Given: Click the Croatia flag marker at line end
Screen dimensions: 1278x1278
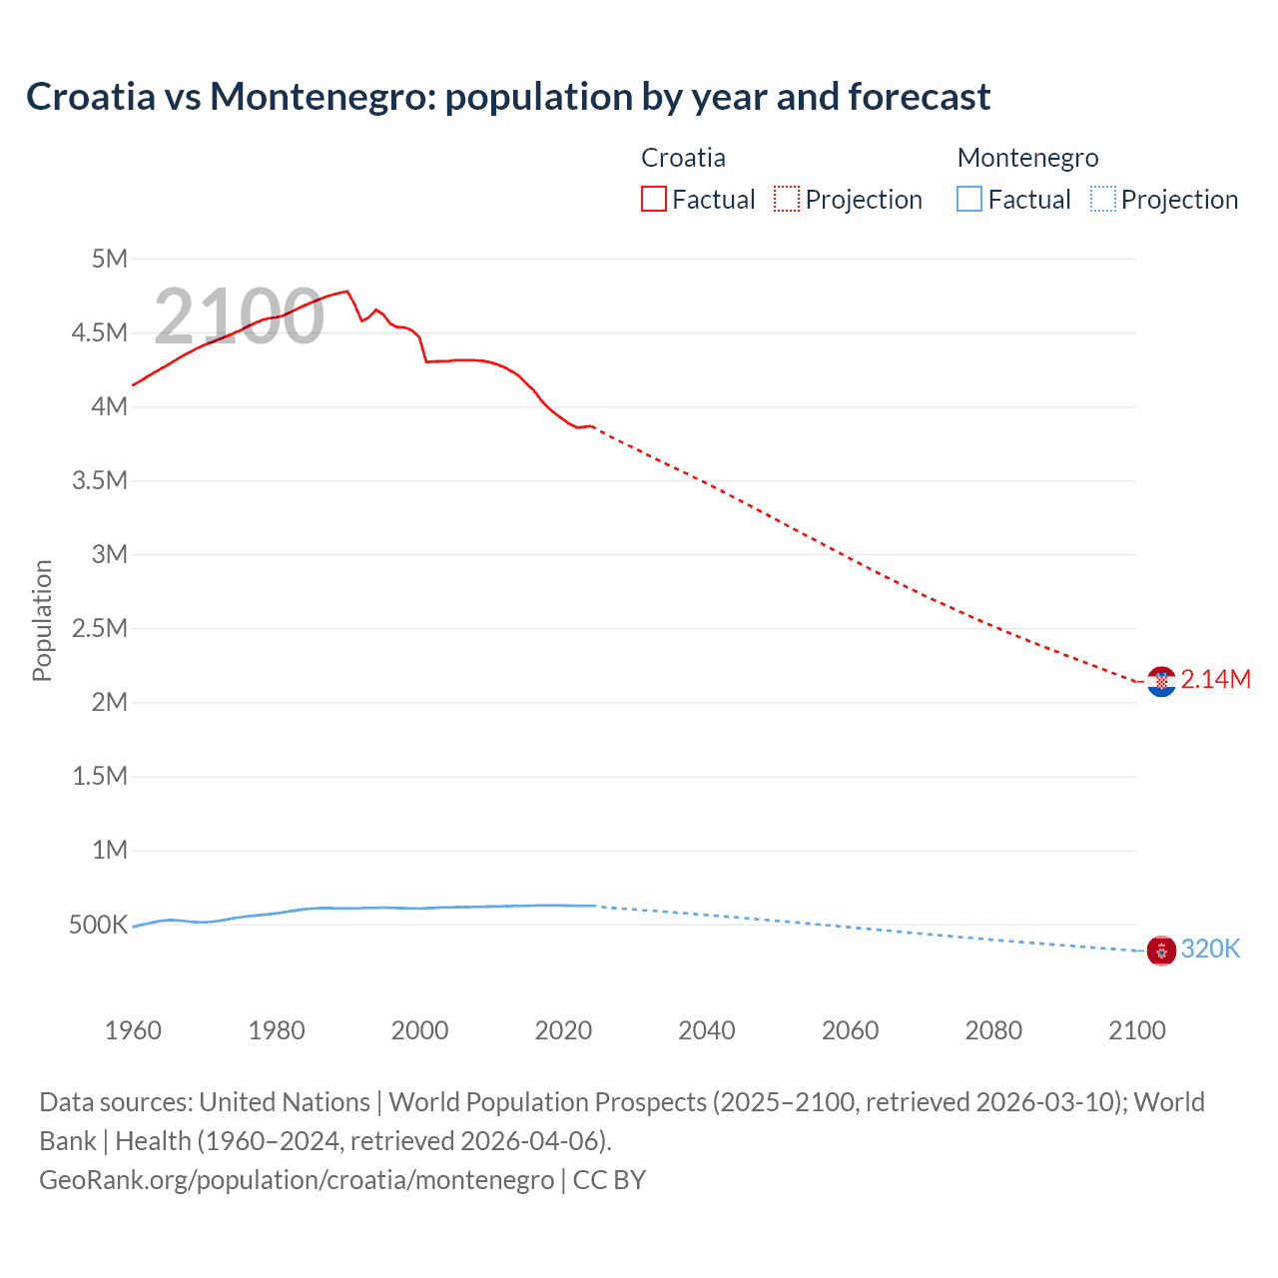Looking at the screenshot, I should pos(1161,682).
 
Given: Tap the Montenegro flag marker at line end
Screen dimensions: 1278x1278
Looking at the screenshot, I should pos(1161,951).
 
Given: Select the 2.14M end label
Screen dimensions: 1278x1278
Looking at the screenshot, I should pos(1215,680).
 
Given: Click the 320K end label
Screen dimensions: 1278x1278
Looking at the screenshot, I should pos(1210,950).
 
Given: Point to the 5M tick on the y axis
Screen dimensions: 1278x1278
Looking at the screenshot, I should pos(109,260).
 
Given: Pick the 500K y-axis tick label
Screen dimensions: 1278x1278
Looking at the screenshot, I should pos(98,926).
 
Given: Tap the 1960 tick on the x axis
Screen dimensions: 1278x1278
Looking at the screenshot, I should pos(133,1031).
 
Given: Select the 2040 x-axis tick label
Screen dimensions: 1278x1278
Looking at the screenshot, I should pos(706,1031).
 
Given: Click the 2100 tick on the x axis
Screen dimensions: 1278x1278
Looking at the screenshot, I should pos(1136,1031).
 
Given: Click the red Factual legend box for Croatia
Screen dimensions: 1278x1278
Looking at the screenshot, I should pos(653,200).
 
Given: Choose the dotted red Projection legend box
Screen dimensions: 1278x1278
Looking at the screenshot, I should pos(787,200).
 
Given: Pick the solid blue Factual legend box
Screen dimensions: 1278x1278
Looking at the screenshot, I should pos(969,200).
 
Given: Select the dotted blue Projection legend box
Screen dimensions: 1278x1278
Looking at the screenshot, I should pos(1102,200).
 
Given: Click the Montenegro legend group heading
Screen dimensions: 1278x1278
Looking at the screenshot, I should pos(1027,158).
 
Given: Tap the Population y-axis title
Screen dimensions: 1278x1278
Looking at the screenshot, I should pos(42,620).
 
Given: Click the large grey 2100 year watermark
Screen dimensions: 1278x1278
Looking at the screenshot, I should pos(239,317).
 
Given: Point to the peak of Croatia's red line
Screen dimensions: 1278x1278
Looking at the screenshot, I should pos(346,292).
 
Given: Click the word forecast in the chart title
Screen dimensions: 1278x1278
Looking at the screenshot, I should pos(919,97).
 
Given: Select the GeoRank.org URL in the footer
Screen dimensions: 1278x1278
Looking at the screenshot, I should pos(297,1180).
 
